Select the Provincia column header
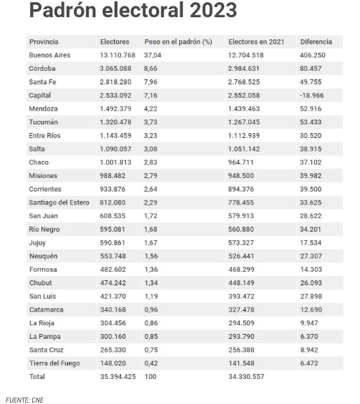pos(44,41)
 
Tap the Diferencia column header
pos(316,41)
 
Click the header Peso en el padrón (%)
pos(178,41)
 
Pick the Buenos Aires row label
pos(49,55)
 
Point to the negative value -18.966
pos(311,95)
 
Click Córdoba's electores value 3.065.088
pos(115,69)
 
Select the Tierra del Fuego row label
pos(54,363)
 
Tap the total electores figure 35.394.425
pos(118,377)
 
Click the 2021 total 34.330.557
pos(246,377)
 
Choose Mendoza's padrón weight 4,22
pos(150,109)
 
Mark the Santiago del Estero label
pos(59,202)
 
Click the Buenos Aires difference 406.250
pos(313,55)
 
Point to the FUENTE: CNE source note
pos(24,400)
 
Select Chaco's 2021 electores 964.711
pos(241,162)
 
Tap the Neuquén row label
pos(44,256)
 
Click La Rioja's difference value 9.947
pos(309,323)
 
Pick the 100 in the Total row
pos(150,377)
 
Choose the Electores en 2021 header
pos(256,41)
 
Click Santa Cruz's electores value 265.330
pos(113,350)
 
